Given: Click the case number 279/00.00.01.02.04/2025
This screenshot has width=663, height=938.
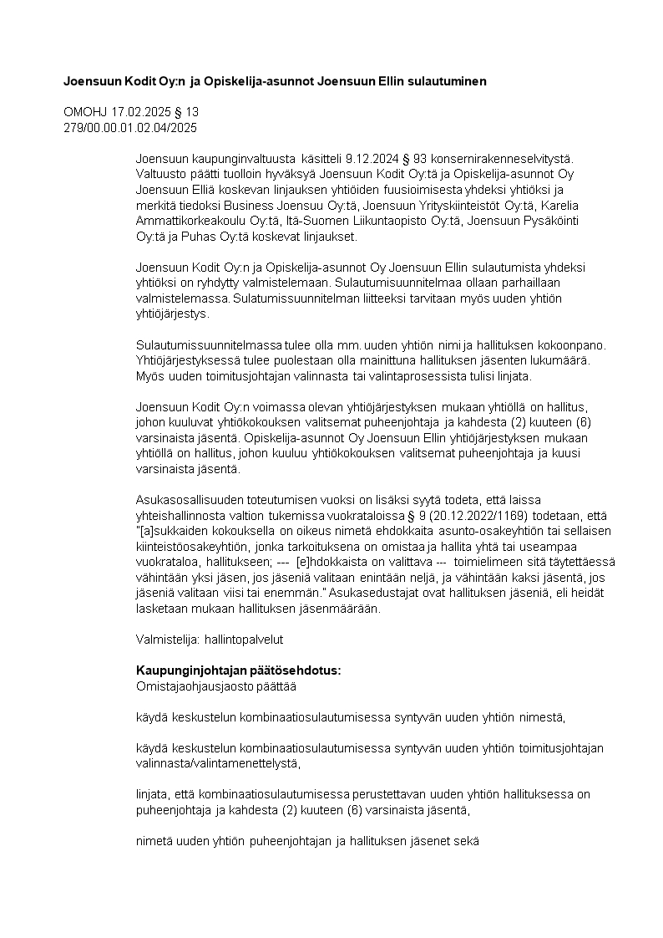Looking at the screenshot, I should pyautogui.click(x=130, y=127).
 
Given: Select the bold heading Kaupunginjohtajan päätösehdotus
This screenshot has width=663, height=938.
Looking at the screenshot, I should pyautogui.click(x=238, y=670).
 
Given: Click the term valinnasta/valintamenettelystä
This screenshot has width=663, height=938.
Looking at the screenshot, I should pyautogui.click(x=216, y=763).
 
